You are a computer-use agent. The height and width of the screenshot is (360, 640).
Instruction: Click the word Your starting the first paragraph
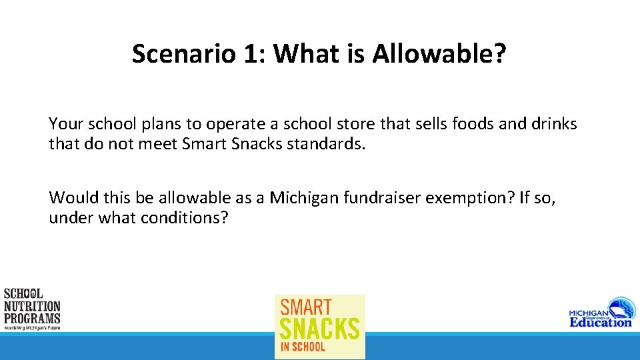tap(65, 124)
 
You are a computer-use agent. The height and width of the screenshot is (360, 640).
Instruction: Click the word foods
tap(474, 124)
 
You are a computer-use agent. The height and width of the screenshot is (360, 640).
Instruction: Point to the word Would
tap(70, 198)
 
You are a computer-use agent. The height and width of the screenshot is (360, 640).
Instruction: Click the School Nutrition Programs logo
tap(32, 309)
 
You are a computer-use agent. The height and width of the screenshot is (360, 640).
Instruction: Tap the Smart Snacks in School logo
tap(320, 327)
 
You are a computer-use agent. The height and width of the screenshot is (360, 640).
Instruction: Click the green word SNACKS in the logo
tap(320, 329)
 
